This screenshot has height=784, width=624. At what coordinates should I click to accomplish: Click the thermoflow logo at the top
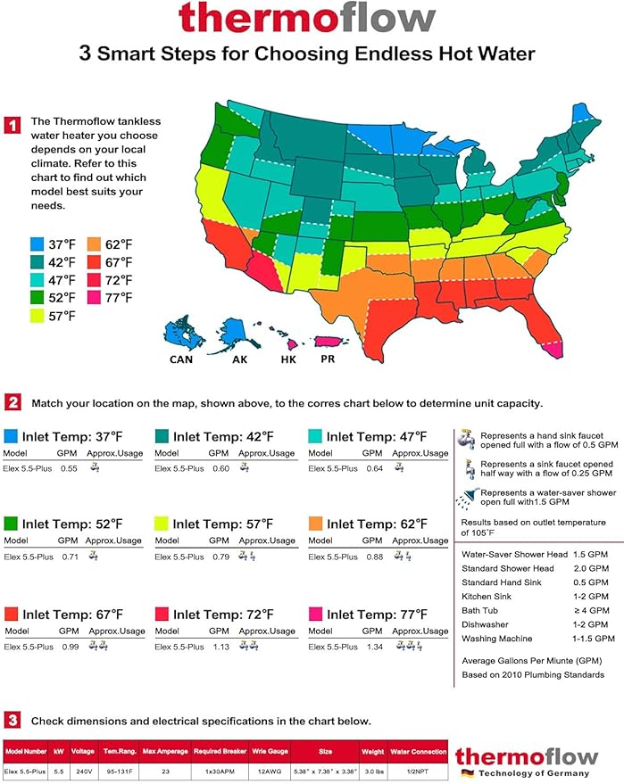[x=307, y=18]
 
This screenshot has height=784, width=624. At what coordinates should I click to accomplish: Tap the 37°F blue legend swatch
[x=37, y=244]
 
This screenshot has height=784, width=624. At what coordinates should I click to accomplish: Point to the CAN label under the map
[x=181, y=359]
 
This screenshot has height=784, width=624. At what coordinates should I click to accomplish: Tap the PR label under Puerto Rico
[x=329, y=359]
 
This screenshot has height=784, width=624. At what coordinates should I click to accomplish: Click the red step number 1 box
[x=12, y=124]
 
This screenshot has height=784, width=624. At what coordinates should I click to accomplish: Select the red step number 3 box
[x=12, y=720]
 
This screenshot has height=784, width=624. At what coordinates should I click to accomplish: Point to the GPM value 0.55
[x=68, y=468]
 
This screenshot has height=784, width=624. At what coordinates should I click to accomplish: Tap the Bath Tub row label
[x=482, y=610]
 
